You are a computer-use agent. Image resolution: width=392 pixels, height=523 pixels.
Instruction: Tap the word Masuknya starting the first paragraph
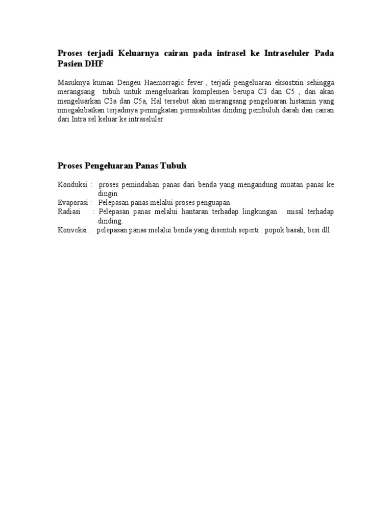coord(72,83)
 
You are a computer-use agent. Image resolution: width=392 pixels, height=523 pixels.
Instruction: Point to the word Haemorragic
coord(152,83)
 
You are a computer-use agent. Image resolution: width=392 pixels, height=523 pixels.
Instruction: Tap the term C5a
coord(140,101)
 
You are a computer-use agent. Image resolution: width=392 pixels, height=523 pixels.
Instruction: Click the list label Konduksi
coord(72,185)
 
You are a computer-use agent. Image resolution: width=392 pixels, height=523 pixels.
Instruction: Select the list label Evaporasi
coord(73,203)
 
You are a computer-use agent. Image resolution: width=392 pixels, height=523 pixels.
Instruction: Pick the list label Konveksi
coord(72,230)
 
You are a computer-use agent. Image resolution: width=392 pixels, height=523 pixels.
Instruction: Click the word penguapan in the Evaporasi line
coord(213,203)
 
